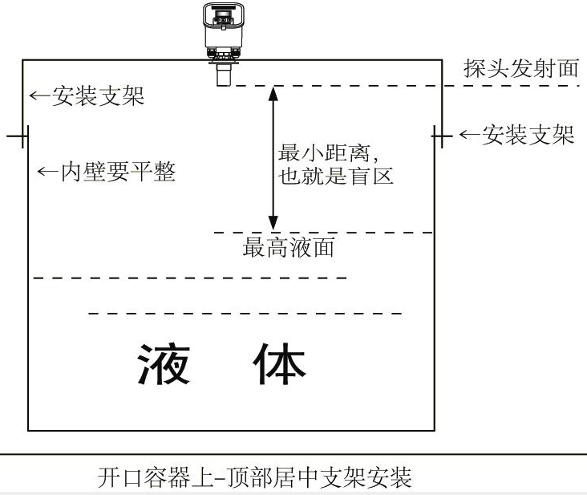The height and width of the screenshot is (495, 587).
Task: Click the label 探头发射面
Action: (520, 69)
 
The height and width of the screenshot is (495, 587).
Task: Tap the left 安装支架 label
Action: (98, 96)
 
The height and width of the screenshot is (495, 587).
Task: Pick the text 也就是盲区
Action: (336, 176)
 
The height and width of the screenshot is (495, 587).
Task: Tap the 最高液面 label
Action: (289, 248)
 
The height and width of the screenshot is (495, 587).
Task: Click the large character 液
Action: (164, 364)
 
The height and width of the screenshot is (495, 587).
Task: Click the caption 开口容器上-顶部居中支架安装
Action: (254, 479)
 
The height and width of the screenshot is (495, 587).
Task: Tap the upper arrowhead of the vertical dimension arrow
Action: (273, 91)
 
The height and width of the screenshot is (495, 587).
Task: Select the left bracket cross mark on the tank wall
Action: (21, 136)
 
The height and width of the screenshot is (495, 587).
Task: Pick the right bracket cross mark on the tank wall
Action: (441, 136)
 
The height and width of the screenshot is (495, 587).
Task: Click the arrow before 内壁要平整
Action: (49, 171)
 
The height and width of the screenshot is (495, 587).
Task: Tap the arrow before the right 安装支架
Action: (468, 136)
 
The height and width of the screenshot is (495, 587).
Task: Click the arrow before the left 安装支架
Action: (40, 96)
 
